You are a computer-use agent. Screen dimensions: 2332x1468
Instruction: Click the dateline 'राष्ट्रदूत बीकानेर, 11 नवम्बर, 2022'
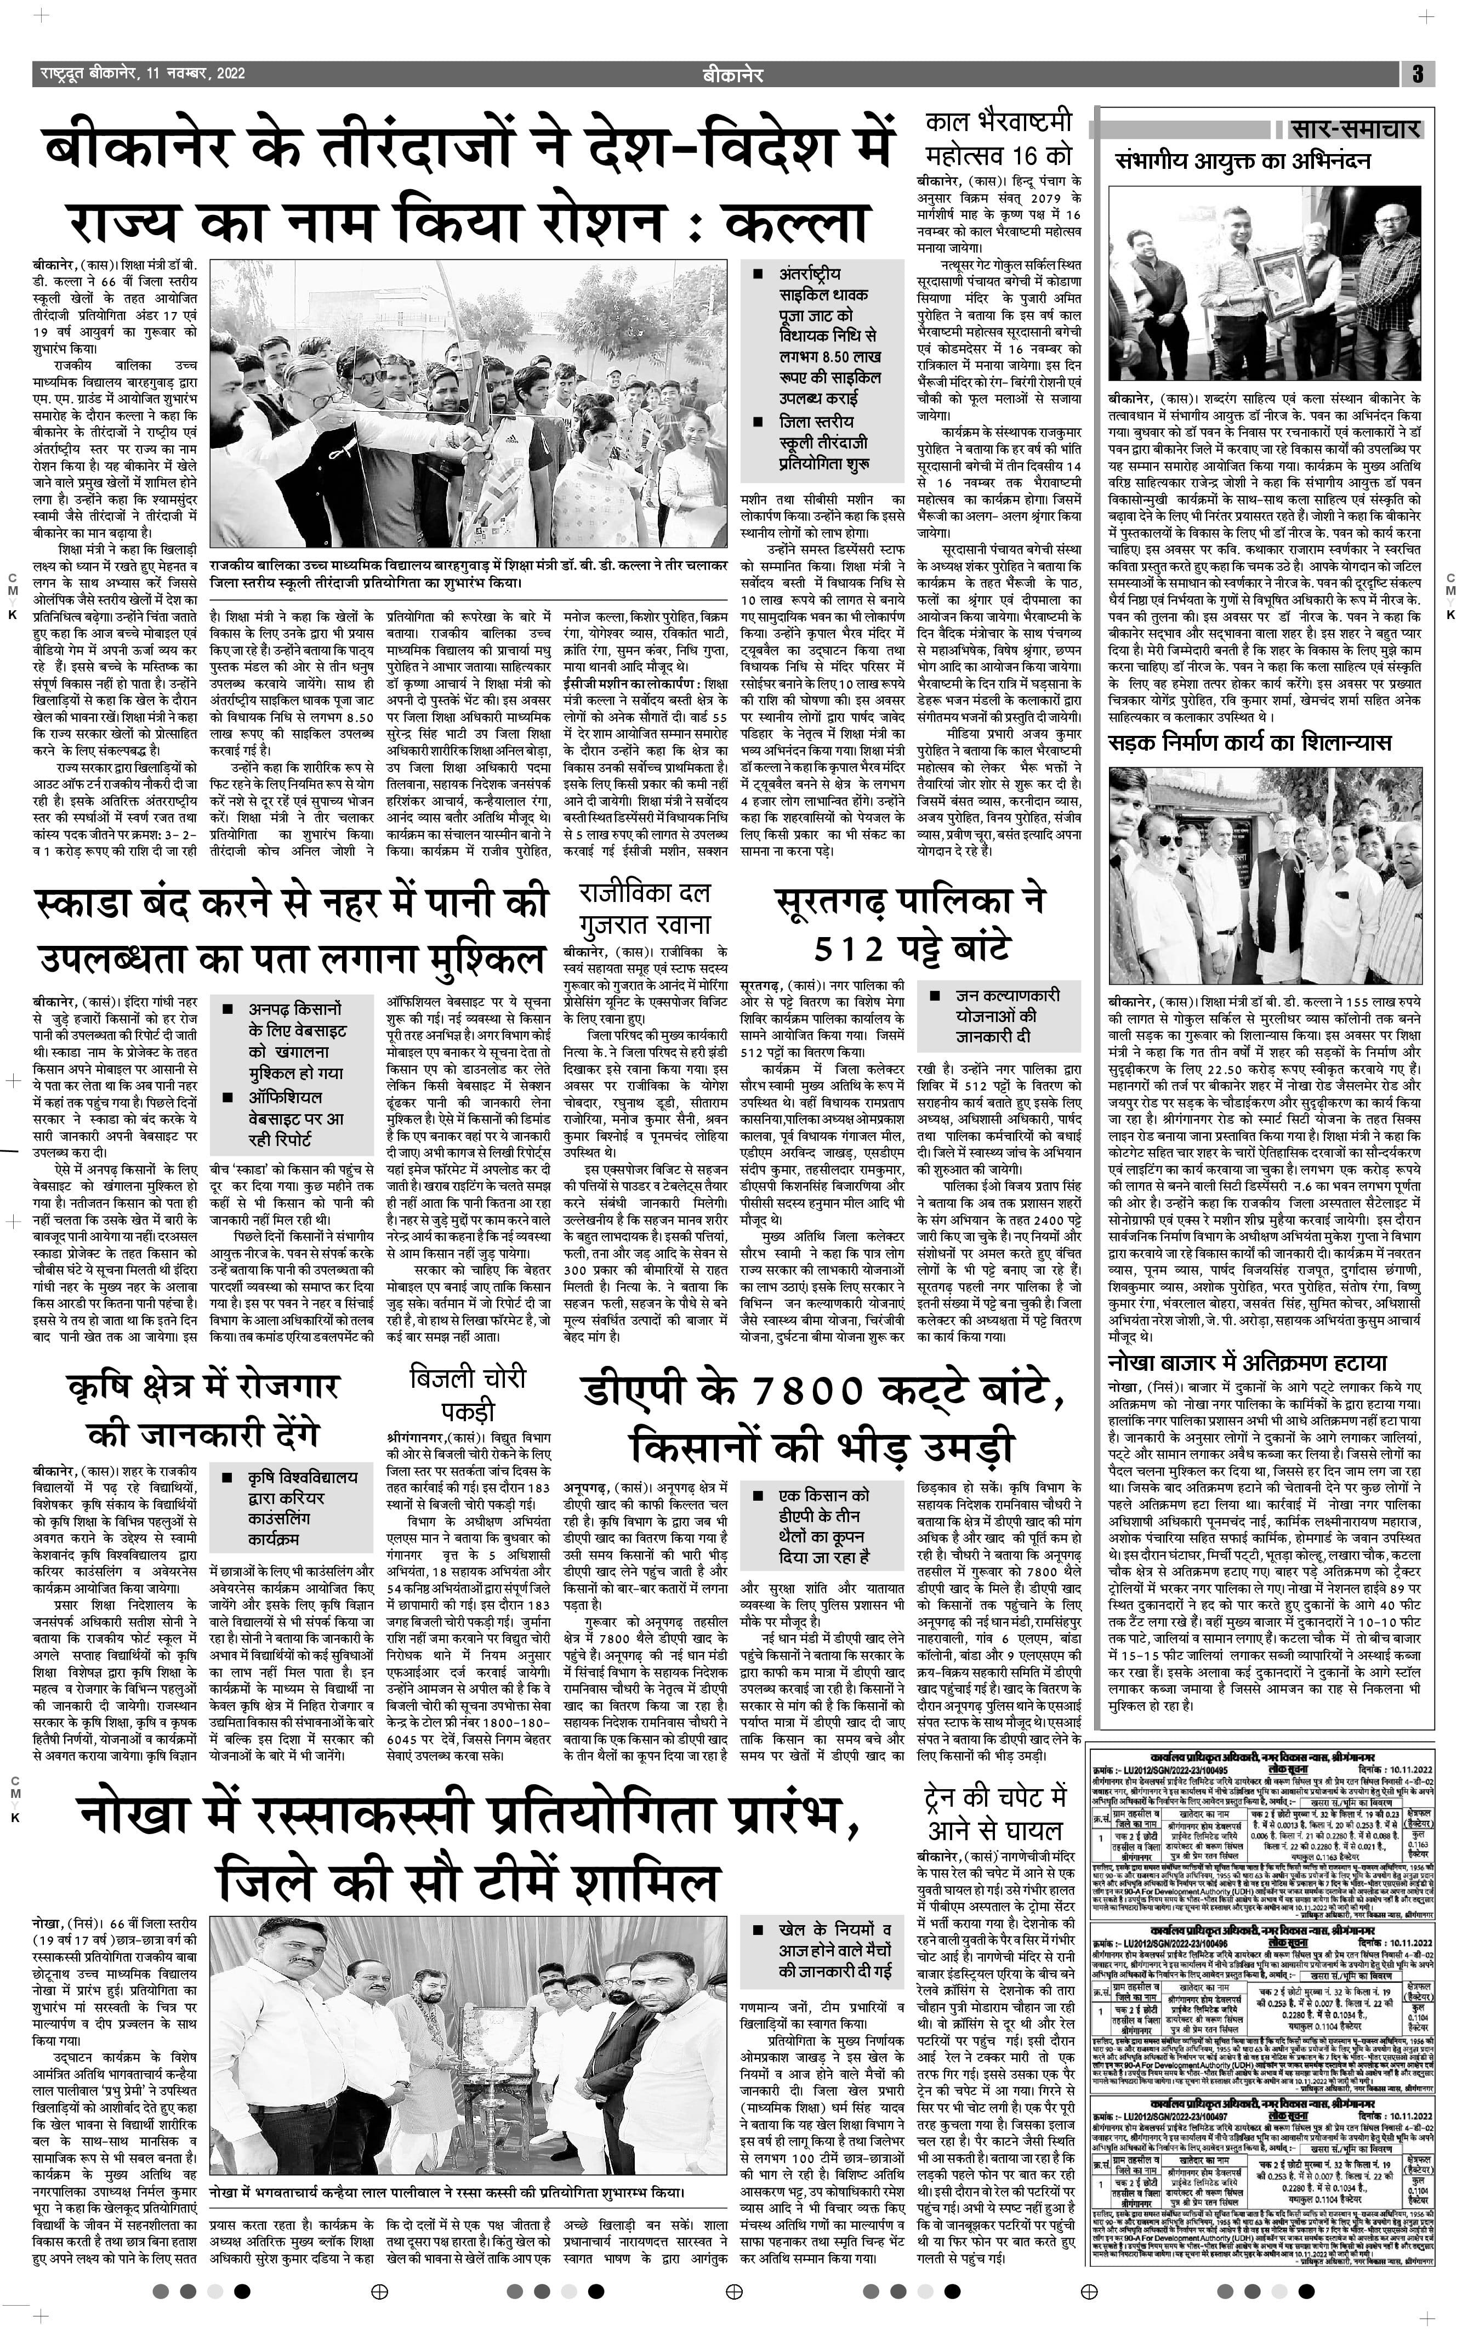(x=143, y=73)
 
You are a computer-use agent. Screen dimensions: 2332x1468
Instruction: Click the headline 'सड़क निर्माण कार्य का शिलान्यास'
(x=1249, y=744)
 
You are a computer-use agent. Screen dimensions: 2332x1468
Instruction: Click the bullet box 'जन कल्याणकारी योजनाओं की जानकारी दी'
(x=993, y=1017)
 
